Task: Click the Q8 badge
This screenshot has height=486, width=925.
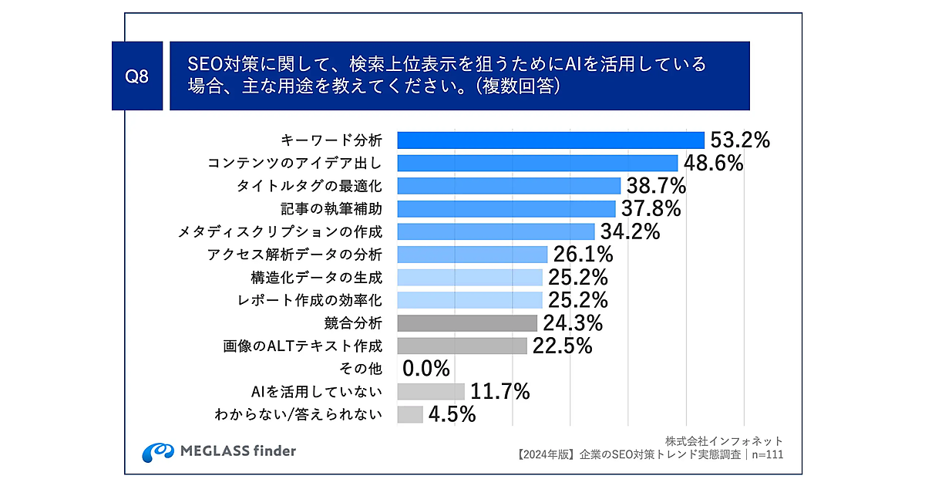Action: coord(136,76)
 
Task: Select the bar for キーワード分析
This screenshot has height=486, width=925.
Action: coord(550,140)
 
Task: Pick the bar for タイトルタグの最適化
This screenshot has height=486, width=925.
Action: coord(509,185)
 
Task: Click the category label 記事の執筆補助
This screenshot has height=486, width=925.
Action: coord(332,208)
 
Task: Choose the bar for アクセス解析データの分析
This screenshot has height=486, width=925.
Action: coord(472,254)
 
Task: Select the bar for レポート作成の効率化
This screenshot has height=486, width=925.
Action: coord(469,299)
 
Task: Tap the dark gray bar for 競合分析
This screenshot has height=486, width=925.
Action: coord(467,322)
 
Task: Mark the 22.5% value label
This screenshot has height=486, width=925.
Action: coord(561,346)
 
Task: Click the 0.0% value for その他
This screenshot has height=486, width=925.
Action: coord(426,369)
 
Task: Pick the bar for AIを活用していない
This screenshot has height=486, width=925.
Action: coord(431,391)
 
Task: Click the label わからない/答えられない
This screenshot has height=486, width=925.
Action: coord(298,414)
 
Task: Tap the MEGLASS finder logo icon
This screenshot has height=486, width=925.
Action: coord(157,451)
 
